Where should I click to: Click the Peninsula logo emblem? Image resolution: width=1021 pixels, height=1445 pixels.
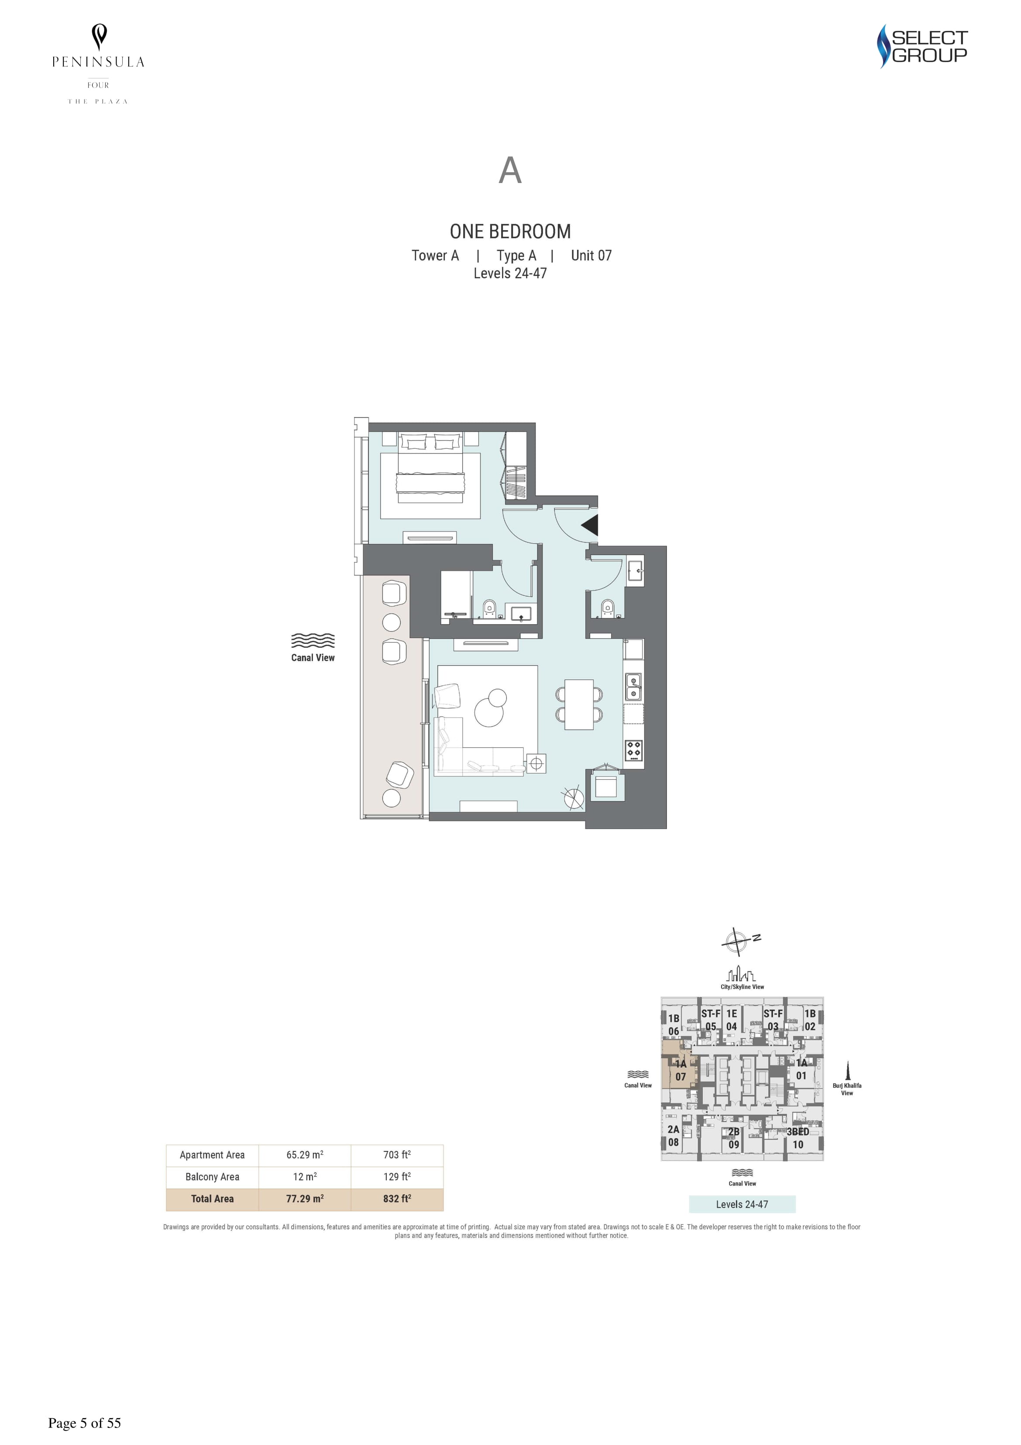click(x=99, y=37)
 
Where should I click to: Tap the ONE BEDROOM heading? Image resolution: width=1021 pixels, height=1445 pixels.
click(x=510, y=232)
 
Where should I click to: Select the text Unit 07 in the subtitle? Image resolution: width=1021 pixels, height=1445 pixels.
click(x=591, y=256)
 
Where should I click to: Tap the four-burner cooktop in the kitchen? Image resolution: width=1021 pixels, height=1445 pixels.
click(x=633, y=750)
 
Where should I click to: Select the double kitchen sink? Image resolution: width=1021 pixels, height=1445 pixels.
click(x=633, y=687)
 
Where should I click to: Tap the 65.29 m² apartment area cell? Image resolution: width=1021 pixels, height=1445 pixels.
click(x=305, y=1155)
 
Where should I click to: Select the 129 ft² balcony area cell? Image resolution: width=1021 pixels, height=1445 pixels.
click(x=397, y=1177)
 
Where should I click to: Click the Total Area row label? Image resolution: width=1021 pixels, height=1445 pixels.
click(x=213, y=1199)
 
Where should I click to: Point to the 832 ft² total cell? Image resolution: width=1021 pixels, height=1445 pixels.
click(x=397, y=1199)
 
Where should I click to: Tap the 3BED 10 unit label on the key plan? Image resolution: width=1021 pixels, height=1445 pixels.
click(x=798, y=1138)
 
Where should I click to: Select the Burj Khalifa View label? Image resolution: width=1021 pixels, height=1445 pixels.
click(x=847, y=1089)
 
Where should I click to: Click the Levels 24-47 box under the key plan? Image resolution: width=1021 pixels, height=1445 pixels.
click(x=743, y=1204)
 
